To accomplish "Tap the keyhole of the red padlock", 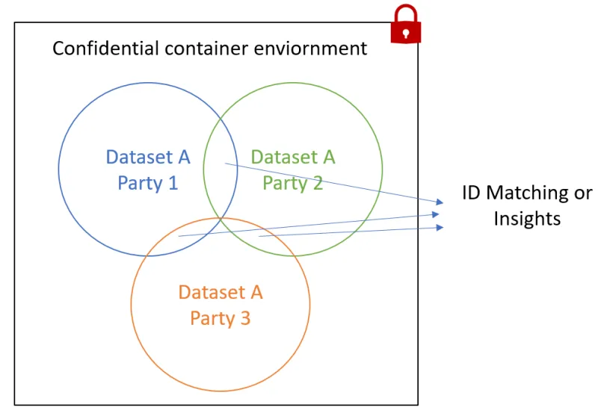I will pos(406,33).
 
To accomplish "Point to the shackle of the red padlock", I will pos(406,13).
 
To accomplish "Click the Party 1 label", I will pos(148,182).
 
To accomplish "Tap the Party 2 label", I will pos(293,182).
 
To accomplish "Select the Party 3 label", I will pos(221,318).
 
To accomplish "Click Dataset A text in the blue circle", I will pos(148,158).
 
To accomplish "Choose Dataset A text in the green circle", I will pos(293,158).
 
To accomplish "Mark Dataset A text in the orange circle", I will pos(221,292).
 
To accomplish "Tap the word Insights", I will pos(527,218).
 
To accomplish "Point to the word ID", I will pos(471,193).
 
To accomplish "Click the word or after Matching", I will pos(582,193).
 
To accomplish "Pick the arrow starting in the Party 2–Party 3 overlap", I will pos(351,232).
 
